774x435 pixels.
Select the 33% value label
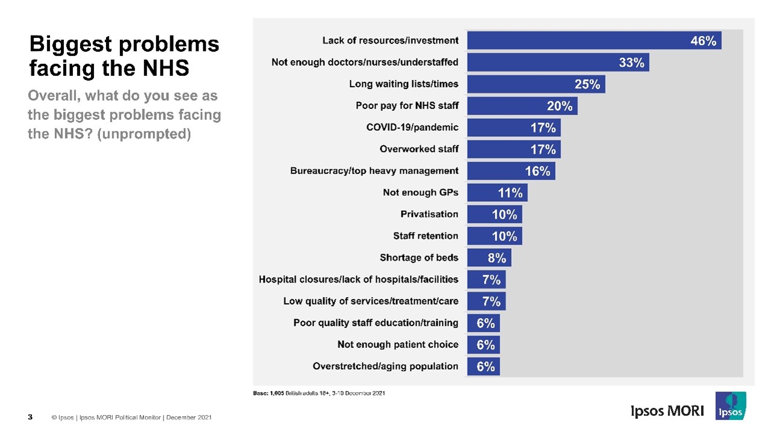point(631,63)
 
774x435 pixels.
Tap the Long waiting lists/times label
point(403,84)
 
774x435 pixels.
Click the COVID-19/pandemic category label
point(412,128)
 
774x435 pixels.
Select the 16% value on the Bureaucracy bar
point(537,171)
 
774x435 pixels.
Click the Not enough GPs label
point(420,193)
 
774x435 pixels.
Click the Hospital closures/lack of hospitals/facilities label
point(358,280)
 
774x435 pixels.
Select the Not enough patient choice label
point(397,345)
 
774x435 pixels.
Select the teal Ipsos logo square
point(731,405)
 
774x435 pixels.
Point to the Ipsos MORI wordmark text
point(667,412)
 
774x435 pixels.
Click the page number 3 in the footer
point(30,418)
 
